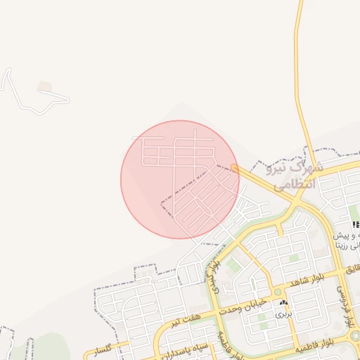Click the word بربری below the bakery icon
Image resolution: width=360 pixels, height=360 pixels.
pos(282,314)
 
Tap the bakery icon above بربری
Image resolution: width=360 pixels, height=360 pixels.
pos(283,302)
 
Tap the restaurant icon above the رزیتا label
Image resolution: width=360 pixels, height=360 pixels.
pos(355,224)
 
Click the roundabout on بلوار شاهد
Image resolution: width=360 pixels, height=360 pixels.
pos(278,291)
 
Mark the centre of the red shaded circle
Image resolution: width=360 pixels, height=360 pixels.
pos(180,179)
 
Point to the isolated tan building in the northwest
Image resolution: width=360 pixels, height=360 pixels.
pos(45,87)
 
